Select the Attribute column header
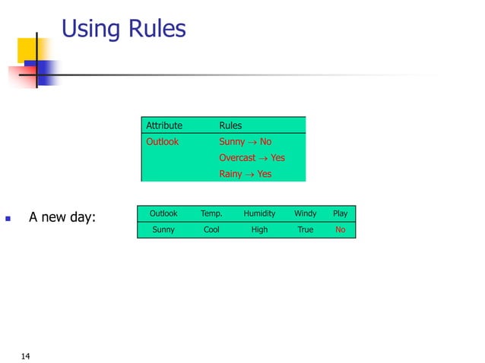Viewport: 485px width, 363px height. [164, 125]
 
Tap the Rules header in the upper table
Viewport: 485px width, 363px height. [230, 125]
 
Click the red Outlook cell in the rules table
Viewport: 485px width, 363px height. [163, 142]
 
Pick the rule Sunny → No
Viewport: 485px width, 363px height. [245, 142]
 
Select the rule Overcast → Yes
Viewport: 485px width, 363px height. [252, 158]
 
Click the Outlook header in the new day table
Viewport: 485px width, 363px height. [163, 213]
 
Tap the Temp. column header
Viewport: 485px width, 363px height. [211, 213]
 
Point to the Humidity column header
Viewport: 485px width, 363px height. [259, 213]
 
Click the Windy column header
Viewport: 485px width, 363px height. [305, 213]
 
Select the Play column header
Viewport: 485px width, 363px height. [340, 213]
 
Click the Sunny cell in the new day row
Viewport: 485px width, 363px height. [163, 229]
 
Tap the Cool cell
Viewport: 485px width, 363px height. [211, 229]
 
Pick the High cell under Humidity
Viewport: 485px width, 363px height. [259, 229]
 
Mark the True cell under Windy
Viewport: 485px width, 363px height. [305, 229]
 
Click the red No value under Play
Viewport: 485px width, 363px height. [340, 229]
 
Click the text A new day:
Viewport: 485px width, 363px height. [62, 219]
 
